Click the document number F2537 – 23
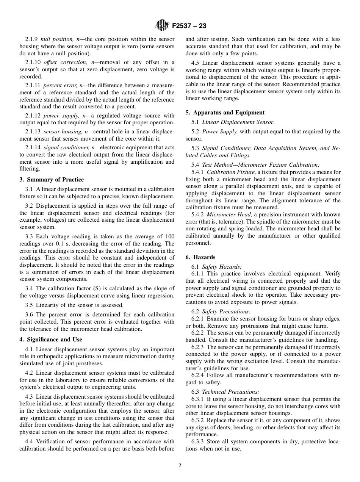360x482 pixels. (x=189, y=26)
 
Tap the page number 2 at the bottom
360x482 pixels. (x=180, y=466)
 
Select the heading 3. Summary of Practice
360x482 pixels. (x=52, y=180)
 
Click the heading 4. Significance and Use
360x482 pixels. (x=51, y=340)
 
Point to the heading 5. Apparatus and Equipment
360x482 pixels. (x=225, y=113)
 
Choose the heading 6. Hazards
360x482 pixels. (x=200, y=257)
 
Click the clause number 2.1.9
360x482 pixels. (x=31, y=39)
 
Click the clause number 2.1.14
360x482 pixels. (x=33, y=148)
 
